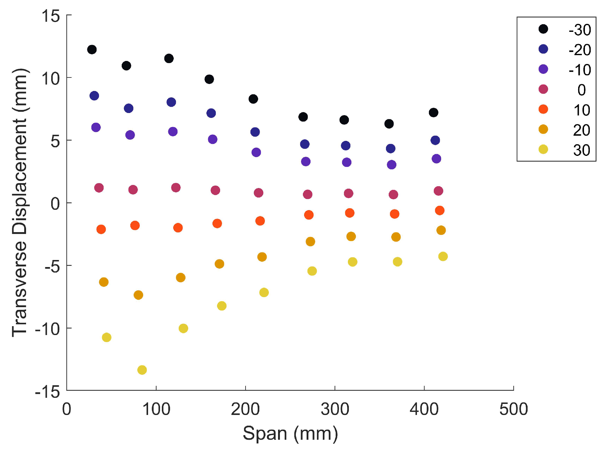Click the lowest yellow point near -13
point(142,370)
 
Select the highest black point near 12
point(92,49)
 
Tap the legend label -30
point(579,30)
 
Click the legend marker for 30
point(543,149)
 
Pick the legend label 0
point(581,90)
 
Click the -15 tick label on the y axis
point(48,391)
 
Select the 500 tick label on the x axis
point(513,409)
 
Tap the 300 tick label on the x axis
point(334,409)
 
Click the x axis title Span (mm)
point(290,433)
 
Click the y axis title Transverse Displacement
point(20,202)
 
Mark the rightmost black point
point(433,112)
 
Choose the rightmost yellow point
point(443,256)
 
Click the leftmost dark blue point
point(94,96)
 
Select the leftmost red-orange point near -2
point(101,229)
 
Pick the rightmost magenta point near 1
point(438,191)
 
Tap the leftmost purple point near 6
point(96,127)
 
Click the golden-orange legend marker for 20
point(543,129)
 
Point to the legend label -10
point(579,70)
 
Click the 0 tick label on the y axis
point(55,203)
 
